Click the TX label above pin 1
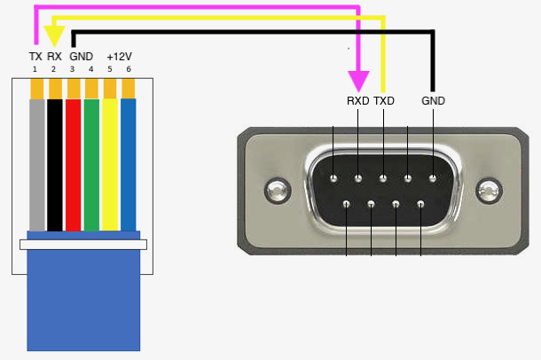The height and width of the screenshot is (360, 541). click(x=35, y=57)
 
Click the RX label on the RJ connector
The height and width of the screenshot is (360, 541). click(x=54, y=57)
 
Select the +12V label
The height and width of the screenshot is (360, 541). click(x=119, y=57)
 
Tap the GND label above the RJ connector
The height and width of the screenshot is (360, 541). click(x=81, y=57)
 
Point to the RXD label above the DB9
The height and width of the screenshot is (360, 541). click(x=357, y=101)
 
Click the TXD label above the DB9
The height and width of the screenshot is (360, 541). click(x=384, y=101)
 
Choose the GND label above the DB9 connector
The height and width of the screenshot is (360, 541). click(x=433, y=101)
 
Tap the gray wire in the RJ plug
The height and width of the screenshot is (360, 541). click(x=36, y=164)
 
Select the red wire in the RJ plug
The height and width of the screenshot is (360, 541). click(x=73, y=164)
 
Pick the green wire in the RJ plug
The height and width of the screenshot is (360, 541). click(x=91, y=164)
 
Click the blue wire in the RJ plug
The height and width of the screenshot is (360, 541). click(x=128, y=164)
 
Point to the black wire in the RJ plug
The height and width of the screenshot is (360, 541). click(x=55, y=164)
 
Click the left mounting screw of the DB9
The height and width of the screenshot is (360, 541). click(x=276, y=189)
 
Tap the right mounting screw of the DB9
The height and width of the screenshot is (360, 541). click(x=487, y=189)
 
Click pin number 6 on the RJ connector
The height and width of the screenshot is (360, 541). click(x=129, y=69)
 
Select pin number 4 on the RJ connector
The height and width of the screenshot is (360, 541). click(x=91, y=69)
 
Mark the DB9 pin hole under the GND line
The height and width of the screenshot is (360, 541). click(x=432, y=178)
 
